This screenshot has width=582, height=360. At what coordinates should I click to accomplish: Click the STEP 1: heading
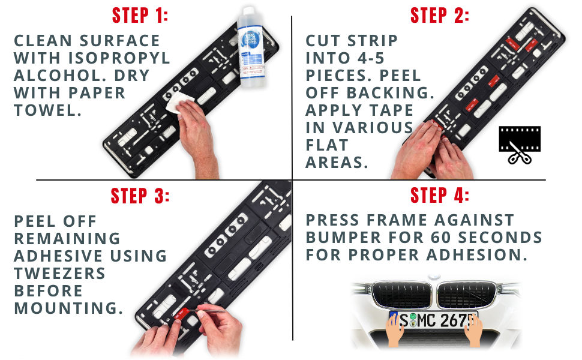(x=140, y=16)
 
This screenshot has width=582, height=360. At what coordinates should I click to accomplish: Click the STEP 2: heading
(x=439, y=16)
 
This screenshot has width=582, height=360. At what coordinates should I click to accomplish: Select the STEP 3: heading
(x=140, y=196)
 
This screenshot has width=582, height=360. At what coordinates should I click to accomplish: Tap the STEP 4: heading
(x=439, y=196)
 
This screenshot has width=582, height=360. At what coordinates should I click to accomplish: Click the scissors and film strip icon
(x=520, y=145)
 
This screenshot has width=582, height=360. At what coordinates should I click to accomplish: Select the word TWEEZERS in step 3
(x=59, y=274)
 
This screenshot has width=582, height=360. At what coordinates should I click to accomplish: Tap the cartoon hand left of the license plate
(x=394, y=329)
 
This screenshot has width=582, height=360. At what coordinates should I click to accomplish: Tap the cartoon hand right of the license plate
(x=475, y=329)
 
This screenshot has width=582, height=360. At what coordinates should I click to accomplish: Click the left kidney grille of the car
(x=401, y=294)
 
